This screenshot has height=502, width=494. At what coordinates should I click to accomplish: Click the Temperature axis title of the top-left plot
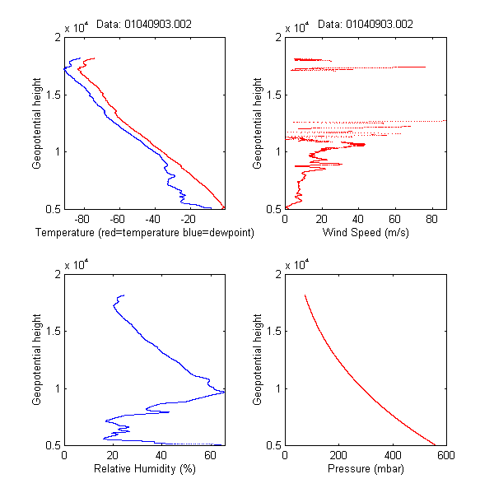tap(144, 233)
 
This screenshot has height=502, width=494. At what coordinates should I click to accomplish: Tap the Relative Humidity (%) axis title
tap(144, 470)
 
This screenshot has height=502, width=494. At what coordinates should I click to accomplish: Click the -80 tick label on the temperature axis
tap(82, 220)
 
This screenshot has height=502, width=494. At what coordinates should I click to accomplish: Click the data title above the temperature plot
tap(144, 25)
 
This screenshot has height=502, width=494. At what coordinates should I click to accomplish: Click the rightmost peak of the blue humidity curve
tap(224, 392)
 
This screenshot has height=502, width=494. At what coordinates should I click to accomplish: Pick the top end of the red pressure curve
tap(305, 295)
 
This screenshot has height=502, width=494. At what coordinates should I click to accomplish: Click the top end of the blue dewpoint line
tap(79, 58)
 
